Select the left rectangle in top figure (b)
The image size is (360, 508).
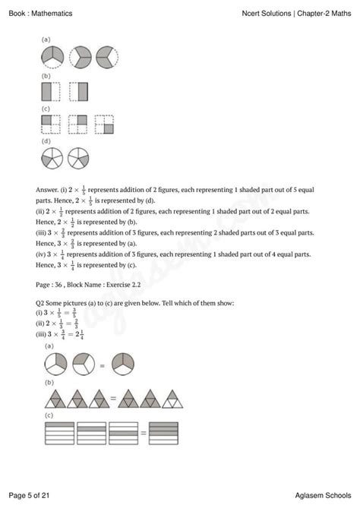49,93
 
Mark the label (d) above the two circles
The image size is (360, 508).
46,141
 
